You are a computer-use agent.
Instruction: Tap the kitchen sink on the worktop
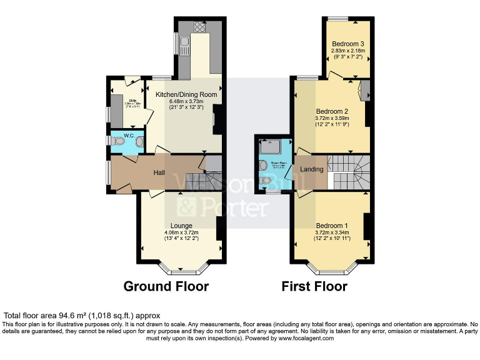pyautogui.click(x=184, y=44)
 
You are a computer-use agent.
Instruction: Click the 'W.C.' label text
pyautogui.click(x=129, y=135)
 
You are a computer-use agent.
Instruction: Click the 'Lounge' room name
pyautogui.click(x=181, y=226)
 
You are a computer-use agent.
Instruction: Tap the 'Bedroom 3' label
pyautogui.click(x=348, y=44)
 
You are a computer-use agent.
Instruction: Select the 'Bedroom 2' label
pyautogui.click(x=331, y=110)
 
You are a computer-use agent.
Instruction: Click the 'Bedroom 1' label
pyautogui.click(x=331, y=226)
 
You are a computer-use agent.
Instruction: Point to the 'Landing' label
pyautogui.click(x=312, y=169)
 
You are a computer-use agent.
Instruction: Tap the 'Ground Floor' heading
pyautogui.click(x=166, y=287)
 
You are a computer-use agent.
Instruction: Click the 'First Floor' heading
pyautogui.click(x=314, y=287)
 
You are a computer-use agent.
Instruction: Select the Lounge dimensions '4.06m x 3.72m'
pyautogui.click(x=181, y=232)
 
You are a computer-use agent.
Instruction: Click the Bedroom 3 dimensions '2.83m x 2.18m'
pyautogui.click(x=348, y=51)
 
